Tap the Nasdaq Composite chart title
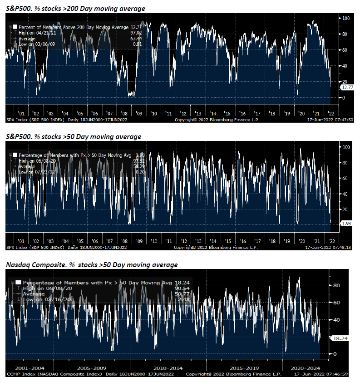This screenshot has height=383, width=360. [91, 264]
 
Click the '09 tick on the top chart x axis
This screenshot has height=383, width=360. [138, 114]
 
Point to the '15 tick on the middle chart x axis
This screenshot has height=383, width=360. [227, 241]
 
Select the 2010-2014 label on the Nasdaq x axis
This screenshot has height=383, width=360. [169, 367]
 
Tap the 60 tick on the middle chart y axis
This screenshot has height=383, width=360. [345, 178]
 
